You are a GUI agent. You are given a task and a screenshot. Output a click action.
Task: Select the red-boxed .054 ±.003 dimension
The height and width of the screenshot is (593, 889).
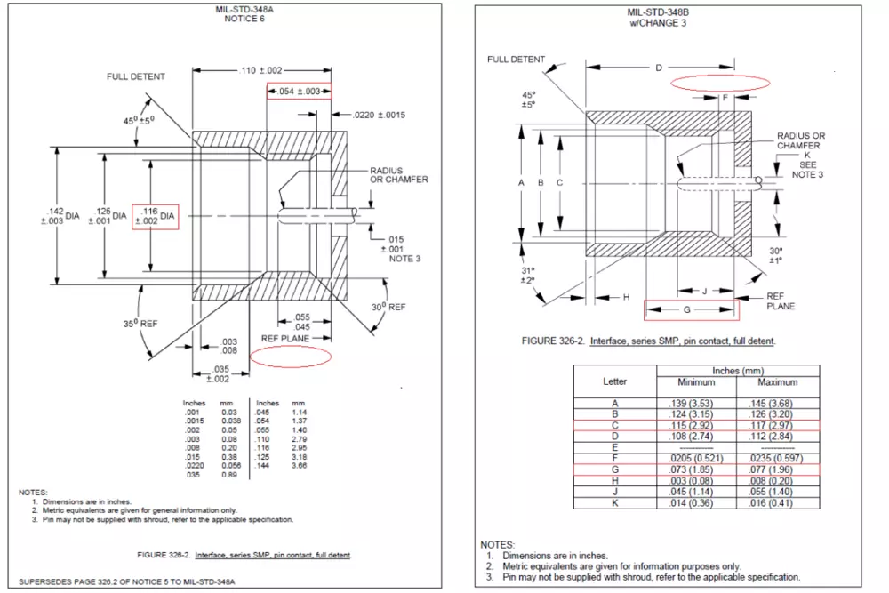pos(299,92)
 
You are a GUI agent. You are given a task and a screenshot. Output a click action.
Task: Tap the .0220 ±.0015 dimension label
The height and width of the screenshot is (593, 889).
pos(380,115)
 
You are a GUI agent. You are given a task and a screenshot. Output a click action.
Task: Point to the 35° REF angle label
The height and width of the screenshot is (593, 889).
pos(141,324)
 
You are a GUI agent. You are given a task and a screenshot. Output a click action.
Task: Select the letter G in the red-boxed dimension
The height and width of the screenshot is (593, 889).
pos(686,310)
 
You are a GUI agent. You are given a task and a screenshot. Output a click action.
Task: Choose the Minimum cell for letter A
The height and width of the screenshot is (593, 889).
pos(696,405)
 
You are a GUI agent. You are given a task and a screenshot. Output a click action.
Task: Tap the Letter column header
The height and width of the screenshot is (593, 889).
pos(614,382)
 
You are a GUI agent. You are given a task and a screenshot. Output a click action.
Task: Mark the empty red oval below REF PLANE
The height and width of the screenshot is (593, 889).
pos(291,356)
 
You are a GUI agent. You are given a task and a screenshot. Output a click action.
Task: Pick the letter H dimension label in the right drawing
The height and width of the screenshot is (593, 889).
pos(626,297)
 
